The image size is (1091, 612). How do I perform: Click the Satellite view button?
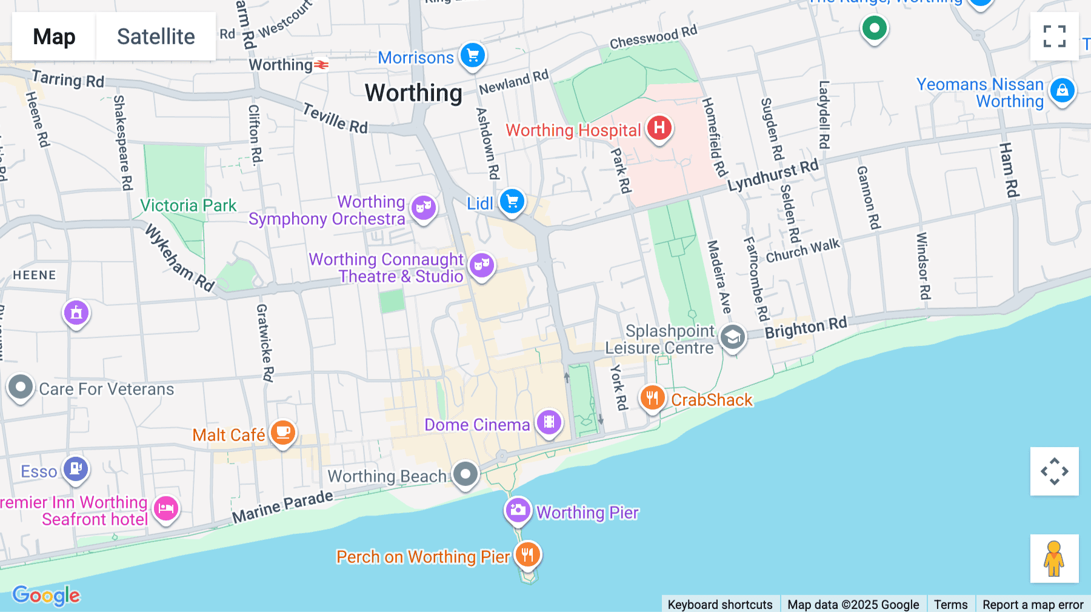tap(156, 36)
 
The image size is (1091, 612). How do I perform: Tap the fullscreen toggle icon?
tap(1054, 36)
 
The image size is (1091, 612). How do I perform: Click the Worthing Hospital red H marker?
tap(659, 128)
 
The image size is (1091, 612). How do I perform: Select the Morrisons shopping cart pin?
tap(473, 56)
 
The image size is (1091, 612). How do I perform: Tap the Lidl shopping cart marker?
tap(512, 201)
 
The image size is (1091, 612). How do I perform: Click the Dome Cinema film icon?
tap(549, 422)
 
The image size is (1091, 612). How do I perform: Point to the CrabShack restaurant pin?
tap(652, 398)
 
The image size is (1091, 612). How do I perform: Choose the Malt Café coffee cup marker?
tap(282, 433)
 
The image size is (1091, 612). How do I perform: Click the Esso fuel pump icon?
tap(76, 468)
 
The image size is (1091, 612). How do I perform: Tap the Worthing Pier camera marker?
tap(518, 510)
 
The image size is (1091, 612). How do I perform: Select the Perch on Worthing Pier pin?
tap(528, 554)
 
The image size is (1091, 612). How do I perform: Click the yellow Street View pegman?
tap(1054, 559)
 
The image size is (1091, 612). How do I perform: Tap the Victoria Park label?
tap(188, 206)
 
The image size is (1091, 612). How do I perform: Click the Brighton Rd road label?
tap(806, 328)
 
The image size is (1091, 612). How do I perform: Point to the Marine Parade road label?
tap(282, 507)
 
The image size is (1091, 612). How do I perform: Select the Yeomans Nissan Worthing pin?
tap(1062, 91)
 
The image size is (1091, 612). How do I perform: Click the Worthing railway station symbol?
tap(321, 65)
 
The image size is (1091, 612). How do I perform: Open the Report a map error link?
tap(1033, 604)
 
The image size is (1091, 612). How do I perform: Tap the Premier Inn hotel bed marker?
tap(165, 508)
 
